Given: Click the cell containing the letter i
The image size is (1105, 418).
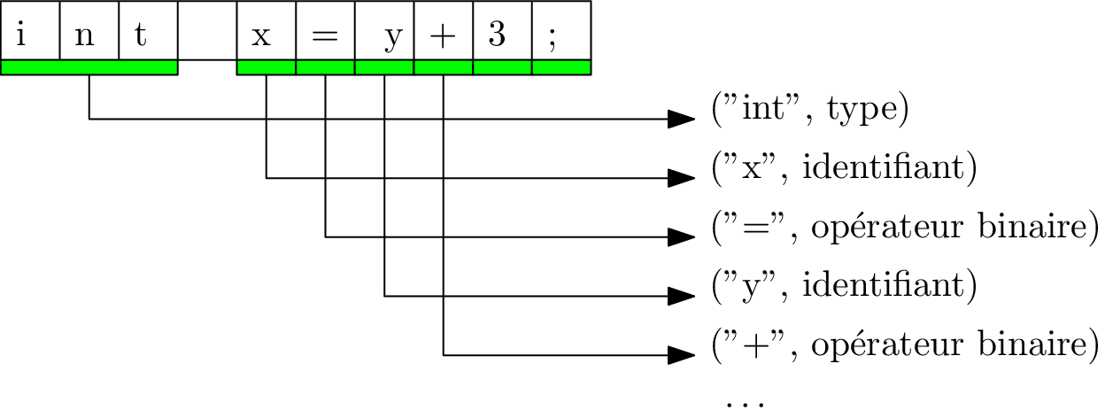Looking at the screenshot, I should click(x=30, y=31).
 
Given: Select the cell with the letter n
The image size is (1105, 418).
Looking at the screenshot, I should click(x=89, y=31).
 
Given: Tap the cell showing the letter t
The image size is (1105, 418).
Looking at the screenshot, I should click(x=148, y=31).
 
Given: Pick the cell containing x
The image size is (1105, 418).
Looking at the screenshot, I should click(x=267, y=31).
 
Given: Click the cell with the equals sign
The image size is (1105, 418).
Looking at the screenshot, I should click(x=325, y=31).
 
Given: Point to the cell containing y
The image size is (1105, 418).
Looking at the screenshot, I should click(x=384, y=31).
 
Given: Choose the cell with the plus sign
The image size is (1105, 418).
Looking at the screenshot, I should click(x=443, y=31).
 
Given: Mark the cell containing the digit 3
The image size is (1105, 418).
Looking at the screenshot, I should click(x=502, y=31).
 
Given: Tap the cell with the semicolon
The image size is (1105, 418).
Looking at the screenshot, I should click(x=560, y=31).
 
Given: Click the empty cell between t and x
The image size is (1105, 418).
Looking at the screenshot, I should click(x=207, y=31).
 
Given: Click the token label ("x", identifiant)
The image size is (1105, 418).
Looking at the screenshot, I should click(x=843, y=168).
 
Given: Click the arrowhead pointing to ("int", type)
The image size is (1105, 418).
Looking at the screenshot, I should click(x=681, y=119).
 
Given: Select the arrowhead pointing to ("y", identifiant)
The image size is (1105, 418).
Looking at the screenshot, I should click(x=681, y=296).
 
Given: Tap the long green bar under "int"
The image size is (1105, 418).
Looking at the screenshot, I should click(x=89, y=67).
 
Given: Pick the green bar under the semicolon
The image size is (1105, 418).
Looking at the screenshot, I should click(x=560, y=67).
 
